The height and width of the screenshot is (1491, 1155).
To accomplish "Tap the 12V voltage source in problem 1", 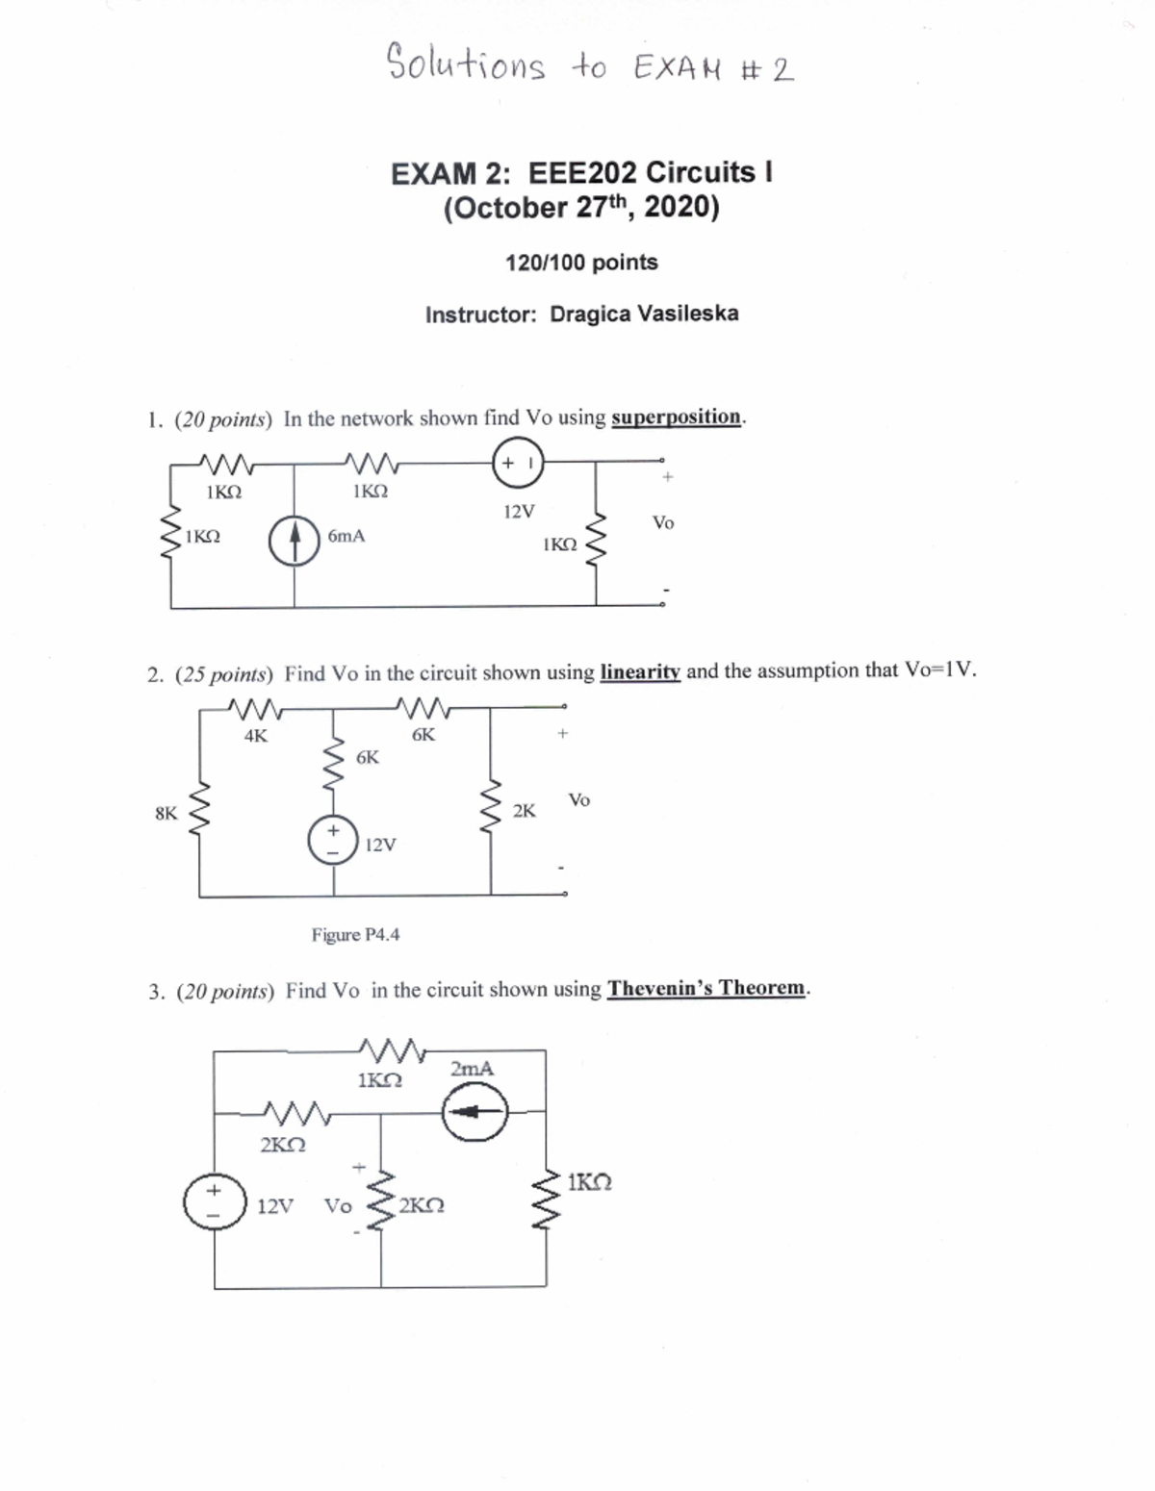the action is [518, 462].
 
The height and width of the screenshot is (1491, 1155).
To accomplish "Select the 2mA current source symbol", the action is [475, 1112].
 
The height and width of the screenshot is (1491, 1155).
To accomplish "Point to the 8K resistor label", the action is [166, 814].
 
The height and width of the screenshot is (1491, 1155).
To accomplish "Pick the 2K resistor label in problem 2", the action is [524, 811].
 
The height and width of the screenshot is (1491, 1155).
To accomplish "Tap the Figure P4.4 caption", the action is [355, 935].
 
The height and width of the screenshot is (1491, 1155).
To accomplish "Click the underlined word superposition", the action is [677, 417].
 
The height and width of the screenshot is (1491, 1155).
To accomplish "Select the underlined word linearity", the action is [639, 671].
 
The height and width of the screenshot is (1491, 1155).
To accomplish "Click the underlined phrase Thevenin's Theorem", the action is [706, 989].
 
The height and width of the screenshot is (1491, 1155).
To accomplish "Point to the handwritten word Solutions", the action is [466, 63].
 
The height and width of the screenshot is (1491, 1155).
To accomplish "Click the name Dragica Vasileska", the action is [644, 314].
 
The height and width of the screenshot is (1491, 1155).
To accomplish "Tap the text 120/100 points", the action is [581, 263].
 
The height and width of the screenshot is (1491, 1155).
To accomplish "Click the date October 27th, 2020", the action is [581, 208].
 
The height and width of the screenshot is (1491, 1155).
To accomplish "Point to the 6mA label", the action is [346, 537].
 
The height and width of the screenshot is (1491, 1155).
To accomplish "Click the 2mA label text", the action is [472, 1069].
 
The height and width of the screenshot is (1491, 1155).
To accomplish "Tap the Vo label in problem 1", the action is [663, 523].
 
